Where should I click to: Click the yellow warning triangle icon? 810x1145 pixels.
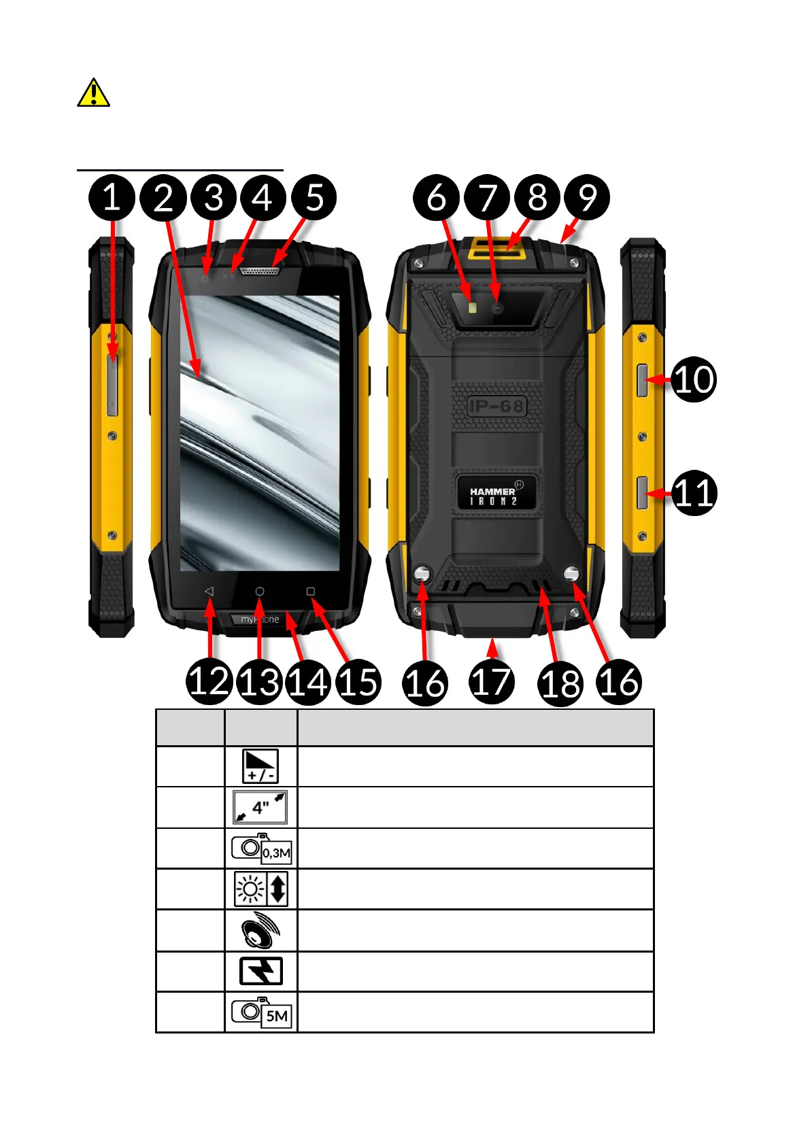(x=93, y=93)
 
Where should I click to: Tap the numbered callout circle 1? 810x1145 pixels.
(x=112, y=198)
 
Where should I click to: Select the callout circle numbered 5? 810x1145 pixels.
(x=314, y=198)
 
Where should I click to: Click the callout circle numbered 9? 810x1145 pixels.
(x=587, y=198)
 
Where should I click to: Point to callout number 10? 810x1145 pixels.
(x=694, y=379)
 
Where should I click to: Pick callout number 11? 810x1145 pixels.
(x=694, y=493)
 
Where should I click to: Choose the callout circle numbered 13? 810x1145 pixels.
(x=260, y=682)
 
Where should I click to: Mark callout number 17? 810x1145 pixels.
(x=491, y=683)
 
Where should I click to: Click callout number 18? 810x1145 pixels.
(x=561, y=683)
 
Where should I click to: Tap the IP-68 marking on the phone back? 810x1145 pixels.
(x=496, y=407)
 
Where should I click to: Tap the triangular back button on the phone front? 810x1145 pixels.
(x=209, y=592)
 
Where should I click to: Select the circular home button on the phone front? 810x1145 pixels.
(x=260, y=592)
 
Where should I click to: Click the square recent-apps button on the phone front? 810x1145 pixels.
(x=311, y=592)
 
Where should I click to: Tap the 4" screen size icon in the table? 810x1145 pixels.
(x=260, y=807)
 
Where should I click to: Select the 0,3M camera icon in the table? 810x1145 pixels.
(x=261, y=849)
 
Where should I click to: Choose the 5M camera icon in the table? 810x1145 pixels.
(x=261, y=1012)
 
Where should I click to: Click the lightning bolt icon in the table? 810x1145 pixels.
(x=261, y=971)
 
